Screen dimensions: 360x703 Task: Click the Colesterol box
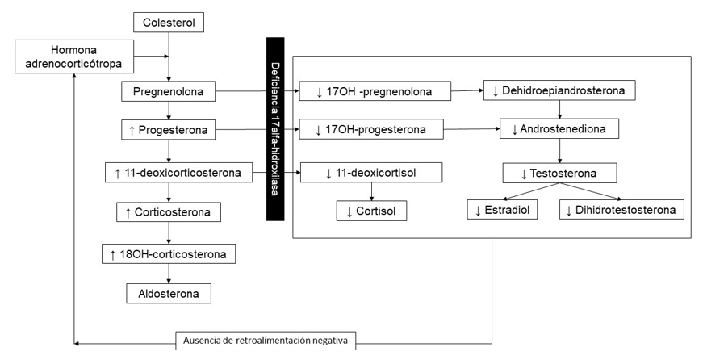(x=168, y=22)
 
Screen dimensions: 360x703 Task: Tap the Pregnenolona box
(x=169, y=93)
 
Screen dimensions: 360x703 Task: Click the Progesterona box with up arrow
(x=169, y=130)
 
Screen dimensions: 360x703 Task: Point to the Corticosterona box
(x=169, y=213)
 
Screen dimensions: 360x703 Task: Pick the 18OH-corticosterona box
(x=169, y=254)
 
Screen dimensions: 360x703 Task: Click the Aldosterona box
(x=169, y=292)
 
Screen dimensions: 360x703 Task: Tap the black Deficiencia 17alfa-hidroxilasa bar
(x=274, y=128)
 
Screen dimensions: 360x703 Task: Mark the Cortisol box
(x=371, y=211)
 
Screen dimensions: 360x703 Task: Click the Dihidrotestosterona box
(x=621, y=211)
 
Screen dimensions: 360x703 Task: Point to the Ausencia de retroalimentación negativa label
(x=266, y=340)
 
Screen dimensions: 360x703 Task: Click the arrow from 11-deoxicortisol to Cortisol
(x=371, y=191)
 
